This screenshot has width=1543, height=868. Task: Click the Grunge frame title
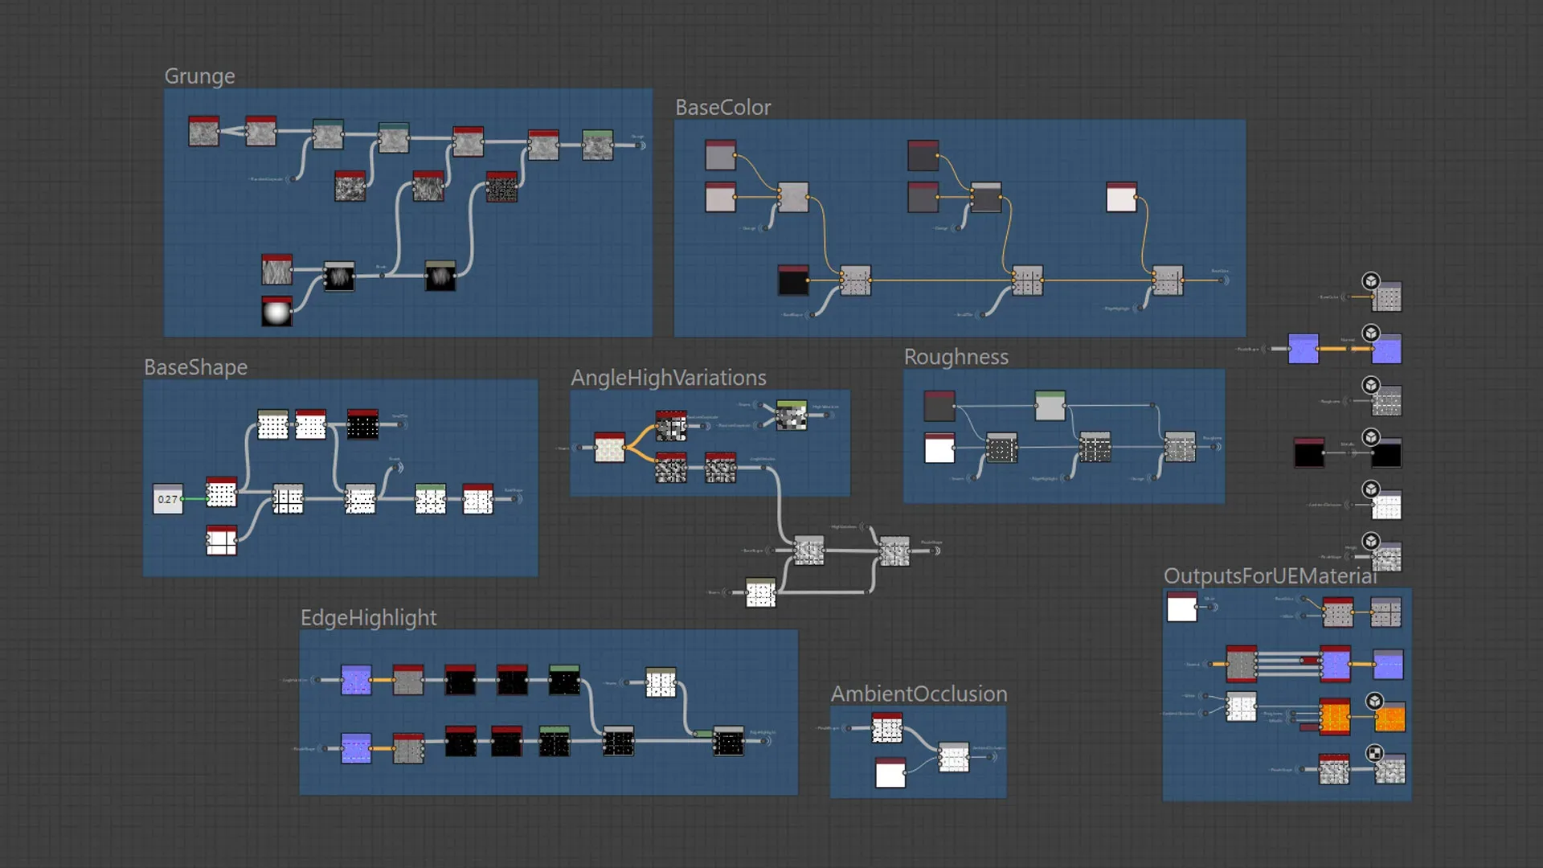[199, 76]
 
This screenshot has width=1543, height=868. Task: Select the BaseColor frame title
[722, 108]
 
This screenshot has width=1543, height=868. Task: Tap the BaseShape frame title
[195, 367]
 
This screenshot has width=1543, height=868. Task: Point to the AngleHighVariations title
[668, 378]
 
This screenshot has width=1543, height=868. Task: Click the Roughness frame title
[956, 357]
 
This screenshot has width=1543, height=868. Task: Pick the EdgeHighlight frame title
[368, 617]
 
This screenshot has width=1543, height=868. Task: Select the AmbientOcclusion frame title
[919, 694]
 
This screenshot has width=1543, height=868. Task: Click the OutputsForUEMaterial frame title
[1270, 576]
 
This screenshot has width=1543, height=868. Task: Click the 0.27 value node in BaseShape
[168, 499]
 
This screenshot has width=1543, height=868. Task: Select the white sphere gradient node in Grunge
[276, 311]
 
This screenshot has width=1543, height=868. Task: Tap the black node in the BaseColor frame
[793, 280]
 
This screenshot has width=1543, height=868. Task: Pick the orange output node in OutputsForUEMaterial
[1390, 717]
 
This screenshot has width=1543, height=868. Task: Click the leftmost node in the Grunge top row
[203, 131]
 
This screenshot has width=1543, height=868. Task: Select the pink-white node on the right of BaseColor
[1121, 197]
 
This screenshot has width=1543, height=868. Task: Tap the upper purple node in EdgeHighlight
[356, 680]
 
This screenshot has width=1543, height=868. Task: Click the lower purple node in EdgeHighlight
[356, 748]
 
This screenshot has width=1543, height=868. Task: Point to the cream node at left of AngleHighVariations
[609, 448]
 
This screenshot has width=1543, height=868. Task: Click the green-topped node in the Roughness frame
[1050, 406]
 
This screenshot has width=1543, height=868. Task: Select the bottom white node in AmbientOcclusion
[890, 773]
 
